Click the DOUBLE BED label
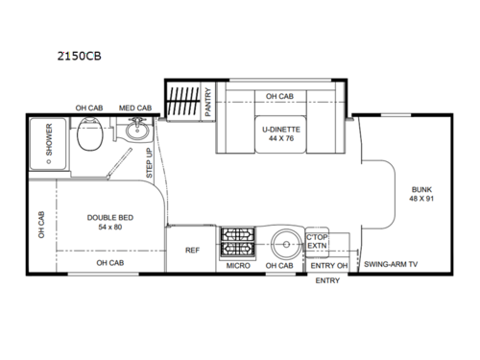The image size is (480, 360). click(x=108, y=218)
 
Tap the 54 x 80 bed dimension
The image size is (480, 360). click(x=108, y=228)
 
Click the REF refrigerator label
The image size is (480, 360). click(x=191, y=250)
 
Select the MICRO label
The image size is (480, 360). click(x=239, y=264)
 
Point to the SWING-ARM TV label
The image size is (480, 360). click(x=391, y=264)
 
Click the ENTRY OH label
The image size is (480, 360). click(x=328, y=264)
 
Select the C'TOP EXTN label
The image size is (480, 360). click(x=317, y=241)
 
